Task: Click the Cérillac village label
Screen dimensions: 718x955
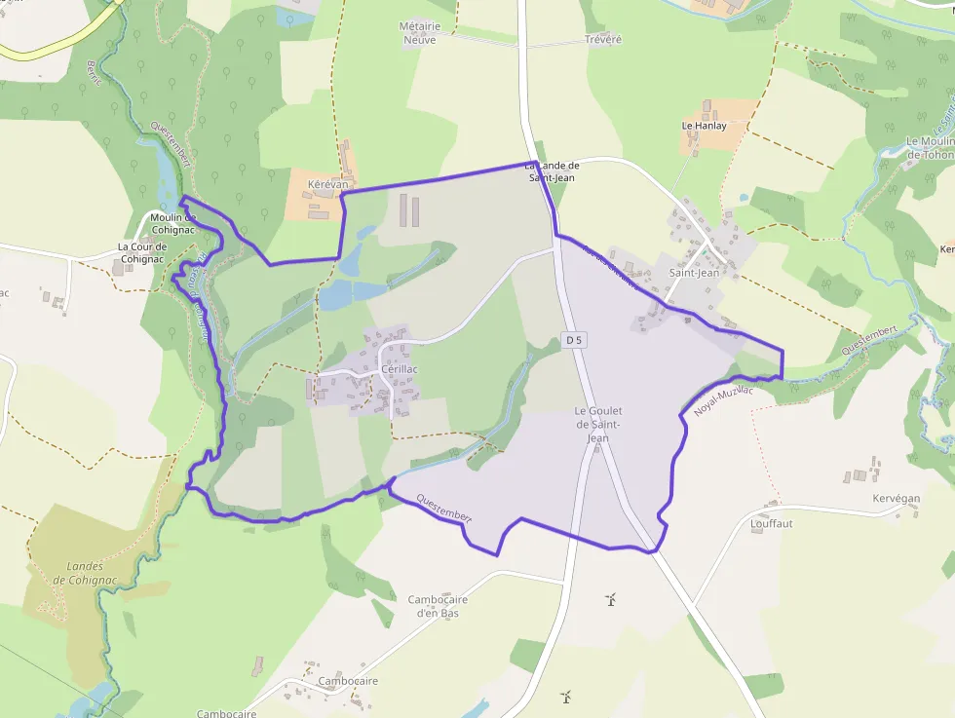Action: [400, 369]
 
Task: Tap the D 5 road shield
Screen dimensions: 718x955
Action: [574, 340]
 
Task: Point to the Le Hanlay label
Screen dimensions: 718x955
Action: [704, 126]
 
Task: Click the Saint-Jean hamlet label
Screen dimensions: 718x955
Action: [694, 273]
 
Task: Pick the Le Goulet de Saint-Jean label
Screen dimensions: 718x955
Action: [598, 425]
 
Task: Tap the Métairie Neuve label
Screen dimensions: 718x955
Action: [418, 33]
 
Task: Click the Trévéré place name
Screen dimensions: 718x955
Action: [603, 39]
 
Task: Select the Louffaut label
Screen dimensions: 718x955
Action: [772, 523]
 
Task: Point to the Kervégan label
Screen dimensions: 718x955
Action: [897, 498]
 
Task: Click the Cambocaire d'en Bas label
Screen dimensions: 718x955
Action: [438, 606]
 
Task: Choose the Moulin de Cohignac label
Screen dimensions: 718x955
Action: [173, 223]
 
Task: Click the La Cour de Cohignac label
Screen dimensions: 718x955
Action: [140, 252]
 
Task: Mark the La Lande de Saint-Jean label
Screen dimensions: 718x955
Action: [552, 171]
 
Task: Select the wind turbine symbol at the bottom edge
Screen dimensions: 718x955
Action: [565, 697]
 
